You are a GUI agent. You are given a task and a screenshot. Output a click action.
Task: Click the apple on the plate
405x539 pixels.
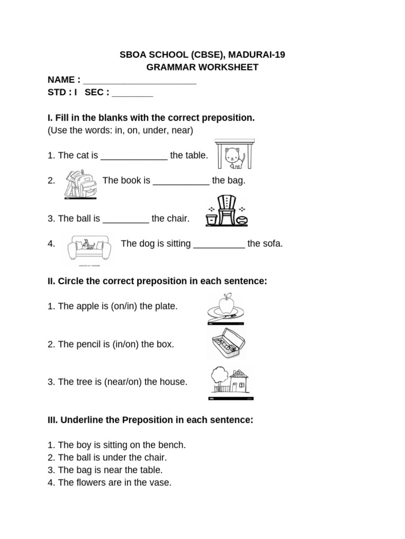(226, 304)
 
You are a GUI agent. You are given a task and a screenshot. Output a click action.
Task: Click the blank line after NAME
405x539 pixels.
(140, 81)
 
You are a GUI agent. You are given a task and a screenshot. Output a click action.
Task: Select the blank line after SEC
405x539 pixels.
(132, 93)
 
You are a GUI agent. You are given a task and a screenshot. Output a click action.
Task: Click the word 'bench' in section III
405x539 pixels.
(173, 445)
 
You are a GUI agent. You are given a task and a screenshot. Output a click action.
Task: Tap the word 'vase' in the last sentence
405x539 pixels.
(161, 483)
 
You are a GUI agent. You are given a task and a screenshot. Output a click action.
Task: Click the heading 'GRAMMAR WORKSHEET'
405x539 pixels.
(202, 67)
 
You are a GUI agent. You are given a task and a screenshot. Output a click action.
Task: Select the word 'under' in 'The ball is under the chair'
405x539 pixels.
(108, 457)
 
